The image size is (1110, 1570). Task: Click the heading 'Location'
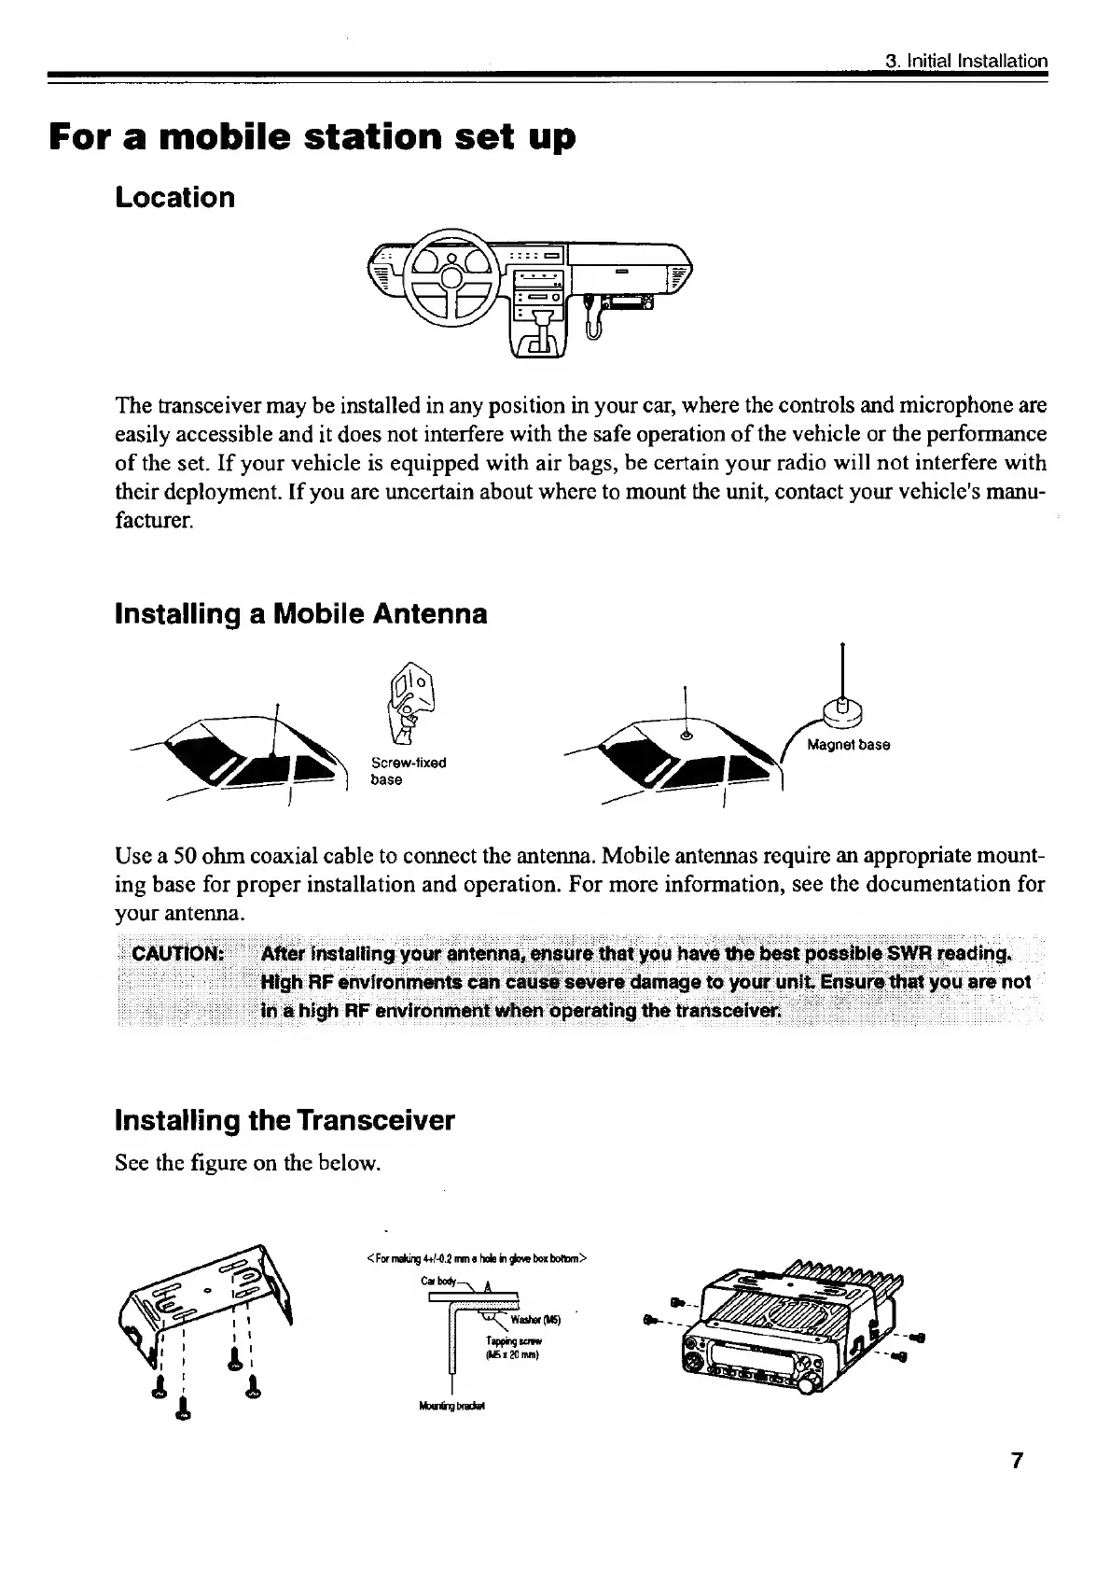point(174,198)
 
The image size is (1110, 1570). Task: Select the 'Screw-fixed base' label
point(409,771)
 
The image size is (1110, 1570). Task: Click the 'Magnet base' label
point(848,745)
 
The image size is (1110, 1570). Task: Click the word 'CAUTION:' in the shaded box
point(177,954)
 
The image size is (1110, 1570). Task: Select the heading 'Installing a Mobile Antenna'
point(300,614)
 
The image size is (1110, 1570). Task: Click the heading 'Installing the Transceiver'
point(284,1120)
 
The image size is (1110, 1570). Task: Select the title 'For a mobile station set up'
point(312,138)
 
